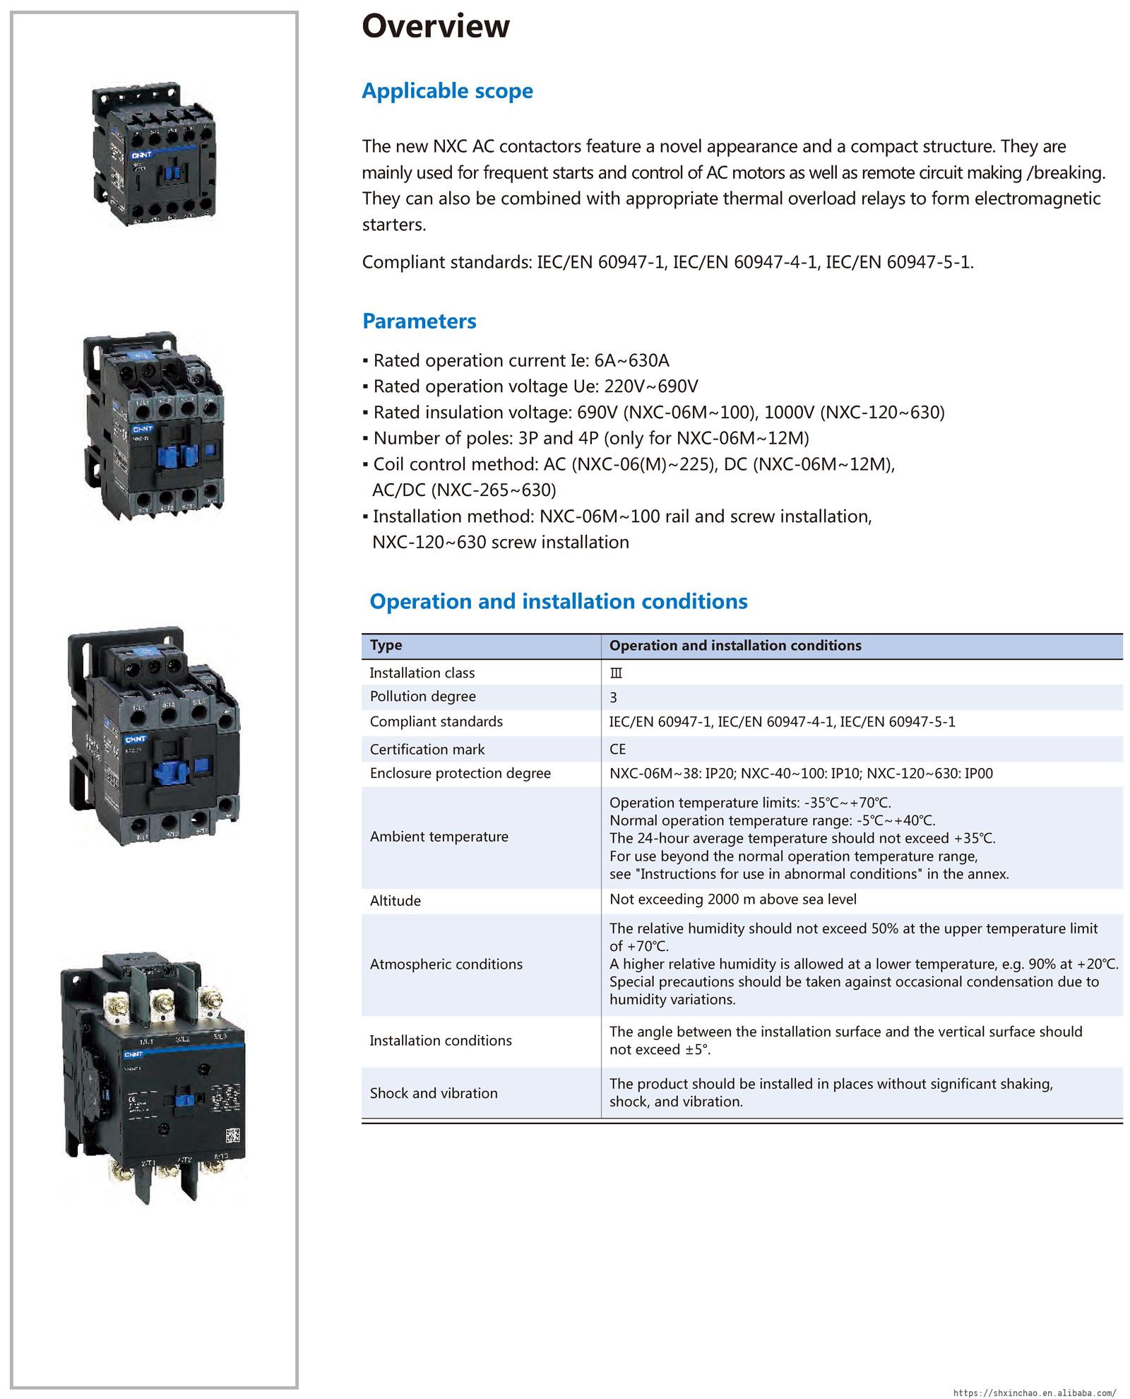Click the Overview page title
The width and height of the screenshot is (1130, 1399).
pyautogui.click(x=435, y=26)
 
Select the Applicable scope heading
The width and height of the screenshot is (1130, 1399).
pyautogui.click(x=447, y=91)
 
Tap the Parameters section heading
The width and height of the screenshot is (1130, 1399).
pyautogui.click(x=419, y=321)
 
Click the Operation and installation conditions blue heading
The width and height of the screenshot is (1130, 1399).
pyautogui.click(x=558, y=601)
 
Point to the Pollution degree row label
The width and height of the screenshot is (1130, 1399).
pyautogui.click(x=422, y=697)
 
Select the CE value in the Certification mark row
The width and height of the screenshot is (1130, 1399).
pyautogui.click(x=617, y=749)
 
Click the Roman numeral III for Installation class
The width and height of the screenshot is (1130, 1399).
pyautogui.click(x=616, y=673)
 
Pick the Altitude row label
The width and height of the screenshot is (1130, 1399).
pyautogui.click(x=395, y=901)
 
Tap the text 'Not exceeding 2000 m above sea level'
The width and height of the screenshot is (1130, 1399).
pyautogui.click(x=732, y=899)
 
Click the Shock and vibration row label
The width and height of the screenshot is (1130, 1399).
pyautogui.click(x=434, y=1093)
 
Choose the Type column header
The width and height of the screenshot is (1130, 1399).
pyautogui.click(x=386, y=645)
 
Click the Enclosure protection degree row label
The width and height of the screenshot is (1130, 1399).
pyautogui.click(x=460, y=773)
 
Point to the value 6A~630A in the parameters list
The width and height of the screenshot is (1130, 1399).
pyautogui.click(x=631, y=361)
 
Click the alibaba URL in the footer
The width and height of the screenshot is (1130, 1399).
pyautogui.click(x=1035, y=1393)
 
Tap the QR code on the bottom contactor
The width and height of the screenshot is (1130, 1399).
pyautogui.click(x=233, y=1137)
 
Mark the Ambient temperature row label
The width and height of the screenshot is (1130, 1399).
pyautogui.click(x=439, y=837)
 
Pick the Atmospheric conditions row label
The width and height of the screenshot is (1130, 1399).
pyautogui.click(x=446, y=964)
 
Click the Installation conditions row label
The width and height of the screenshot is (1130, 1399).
pyautogui.click(x=440, y=1041)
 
